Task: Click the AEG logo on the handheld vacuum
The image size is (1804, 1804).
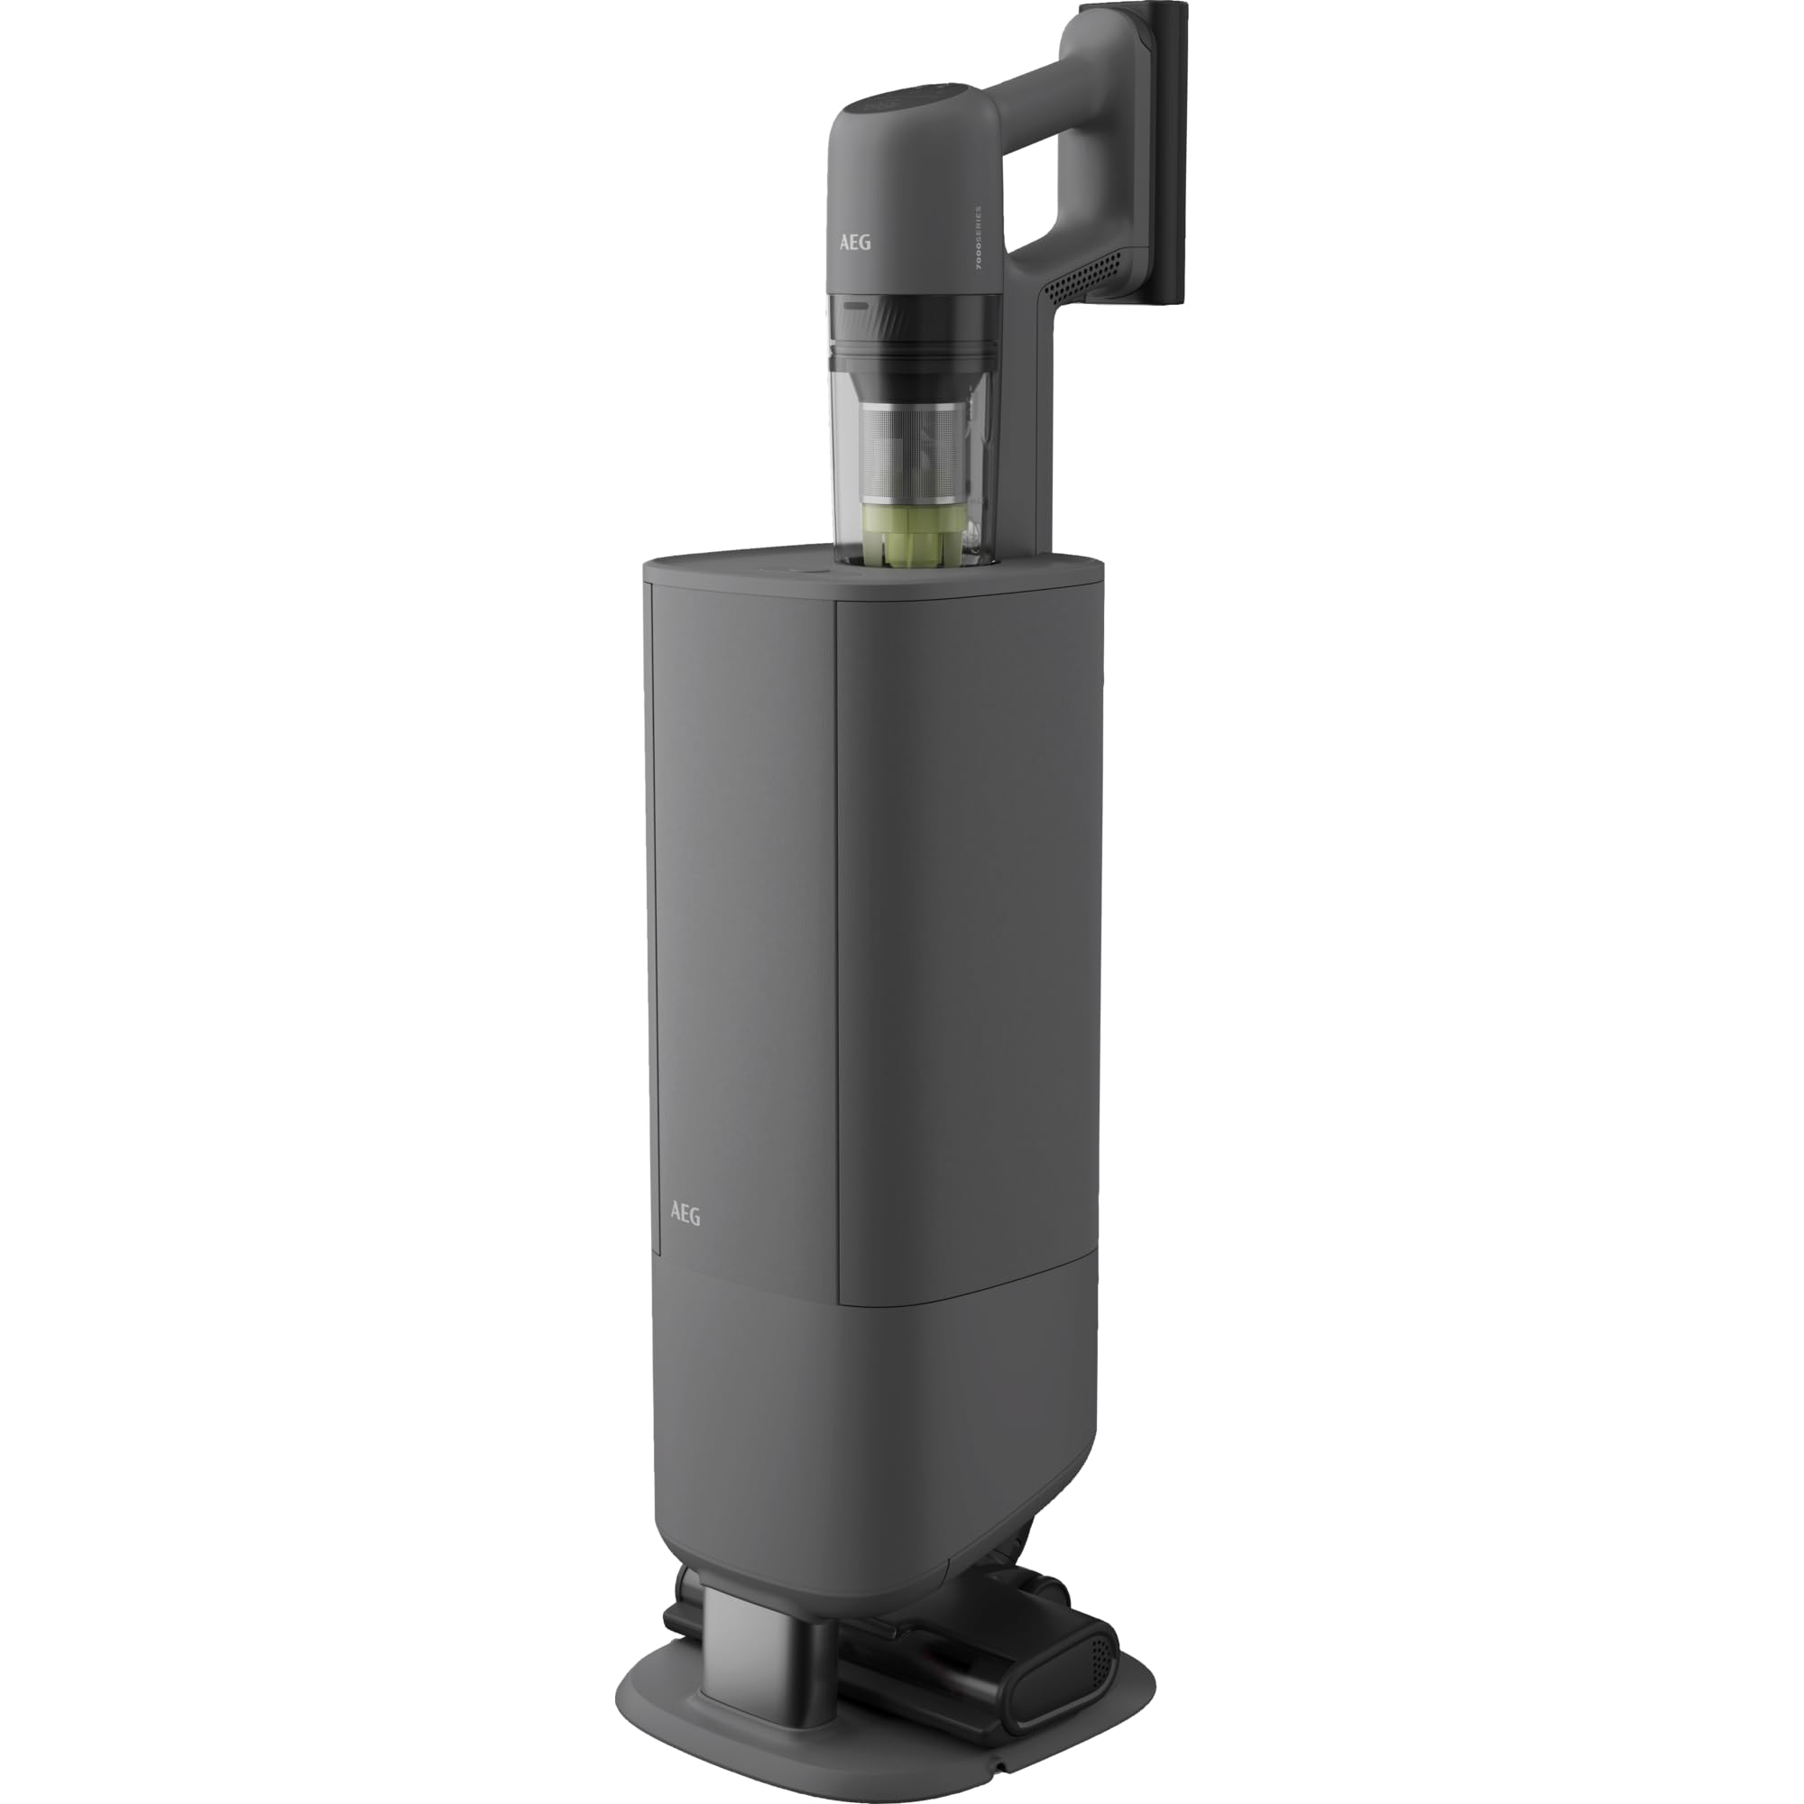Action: pos(854,242)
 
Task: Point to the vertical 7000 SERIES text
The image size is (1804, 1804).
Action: pos(978,238)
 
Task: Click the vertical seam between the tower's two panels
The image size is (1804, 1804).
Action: pos(837,934)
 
